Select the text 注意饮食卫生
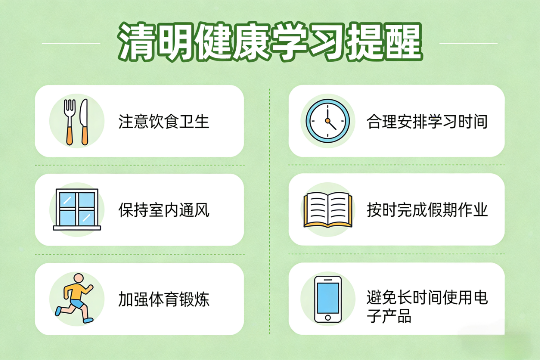click(164, 122)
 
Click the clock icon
click(328, 121)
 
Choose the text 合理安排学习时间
click(427, 122)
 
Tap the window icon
click(77, 209)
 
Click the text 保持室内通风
click(164, 210)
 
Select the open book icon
click(328, 210)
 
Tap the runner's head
click(79, 279)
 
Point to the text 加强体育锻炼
click(164, 299)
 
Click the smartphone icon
click(328, 299)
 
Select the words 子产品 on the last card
click(389, 316)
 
